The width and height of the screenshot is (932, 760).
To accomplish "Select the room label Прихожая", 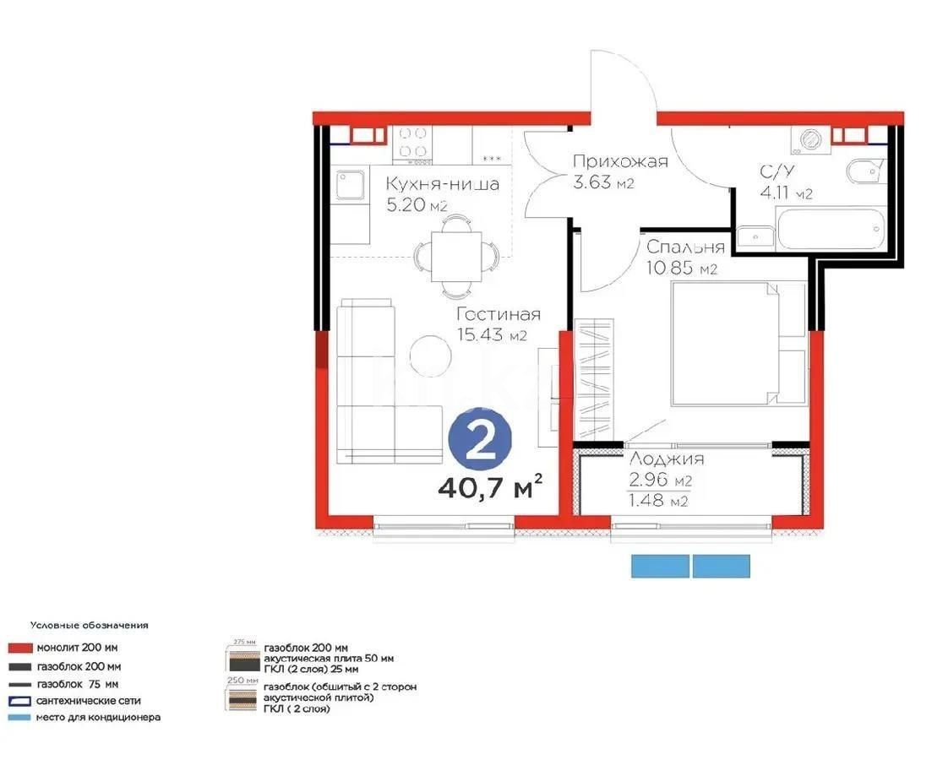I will pos(619,162).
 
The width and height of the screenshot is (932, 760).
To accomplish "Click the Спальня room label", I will pos(685,247).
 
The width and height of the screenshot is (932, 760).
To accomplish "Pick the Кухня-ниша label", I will pos(443,183).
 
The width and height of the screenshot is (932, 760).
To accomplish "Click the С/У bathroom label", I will pos(777,172).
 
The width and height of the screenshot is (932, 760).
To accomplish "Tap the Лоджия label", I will pos(667,459).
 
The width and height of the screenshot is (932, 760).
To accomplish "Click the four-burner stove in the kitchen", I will pos(411,143).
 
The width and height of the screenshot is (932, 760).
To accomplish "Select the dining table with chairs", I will pos(455,252).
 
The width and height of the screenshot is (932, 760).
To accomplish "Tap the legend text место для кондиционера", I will pos(98,718).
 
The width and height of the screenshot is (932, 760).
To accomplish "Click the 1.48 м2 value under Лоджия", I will pos(657,501).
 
